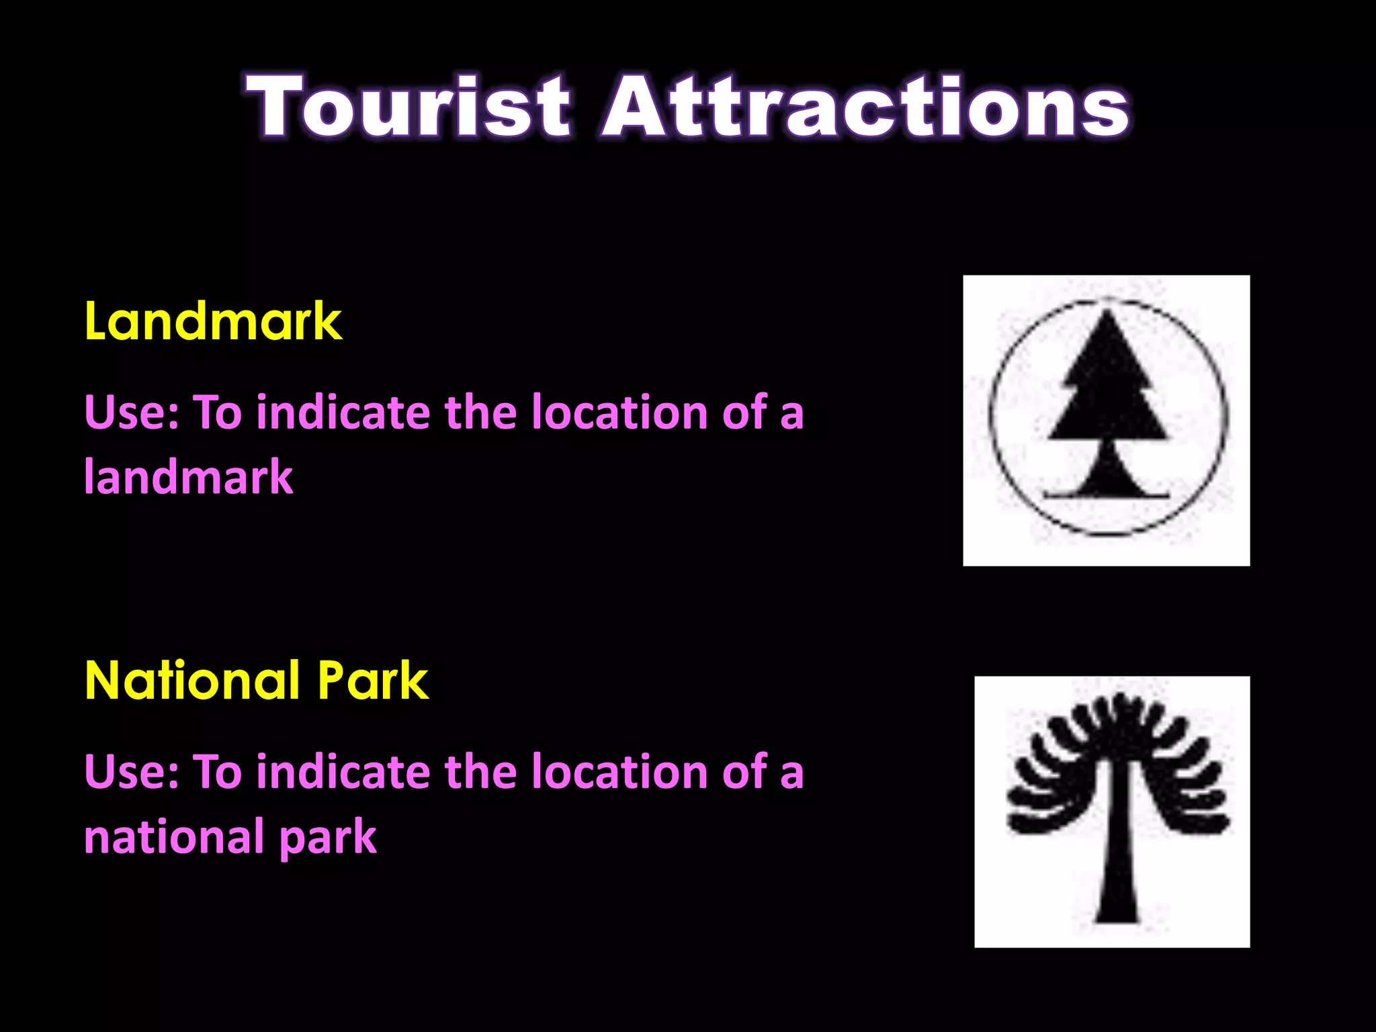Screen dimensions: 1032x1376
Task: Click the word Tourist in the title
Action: coord(408,106)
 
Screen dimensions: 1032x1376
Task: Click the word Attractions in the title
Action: coord(865,106)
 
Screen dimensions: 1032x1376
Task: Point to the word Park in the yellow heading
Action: coord(373,681)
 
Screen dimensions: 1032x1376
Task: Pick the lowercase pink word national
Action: coord(173,836)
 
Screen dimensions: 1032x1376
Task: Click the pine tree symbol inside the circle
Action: coord(1108,403)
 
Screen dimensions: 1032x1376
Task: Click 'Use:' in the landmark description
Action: coord(132,412)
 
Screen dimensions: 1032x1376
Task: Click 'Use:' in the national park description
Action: coord(132,771)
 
